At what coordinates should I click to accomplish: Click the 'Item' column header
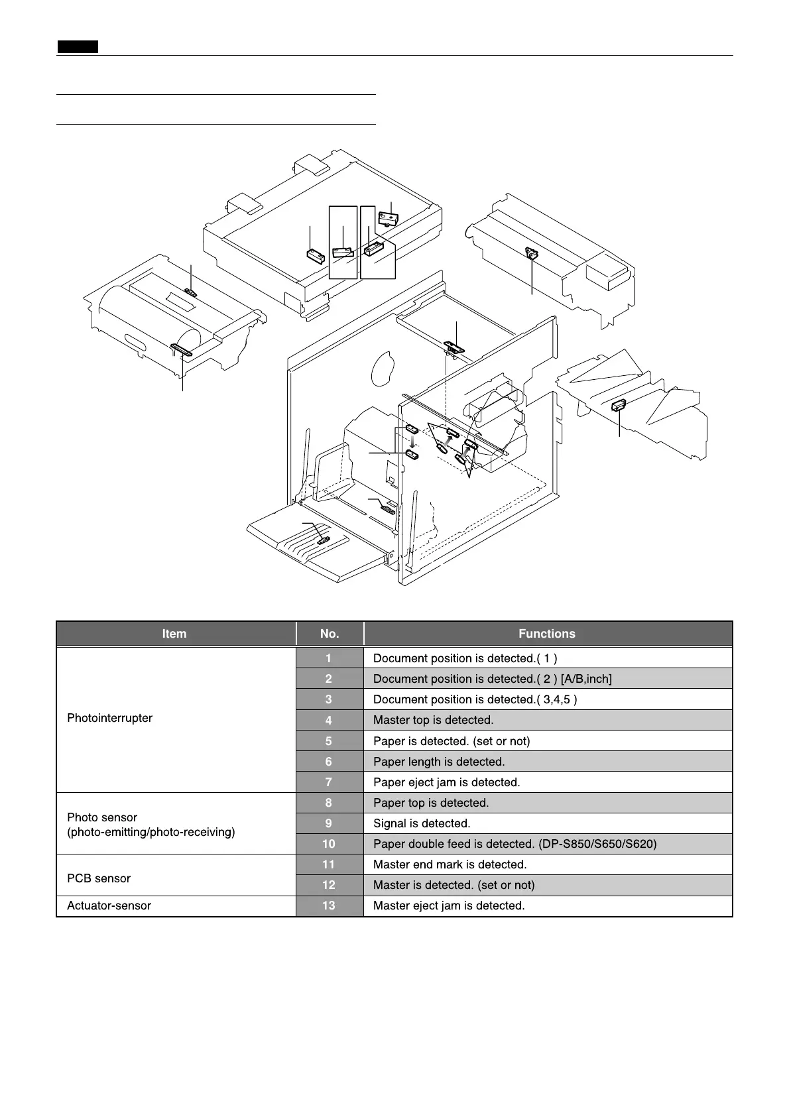174,634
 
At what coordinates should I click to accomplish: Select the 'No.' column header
330,634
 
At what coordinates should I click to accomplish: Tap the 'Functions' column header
547,634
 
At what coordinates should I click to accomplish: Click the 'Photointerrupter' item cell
110,718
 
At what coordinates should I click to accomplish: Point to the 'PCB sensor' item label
99,878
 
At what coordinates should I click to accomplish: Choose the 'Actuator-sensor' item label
109,906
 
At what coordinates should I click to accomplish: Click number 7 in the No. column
329,782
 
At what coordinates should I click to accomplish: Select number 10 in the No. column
329,844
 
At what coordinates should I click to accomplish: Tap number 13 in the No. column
329,906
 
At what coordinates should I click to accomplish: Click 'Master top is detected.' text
434,720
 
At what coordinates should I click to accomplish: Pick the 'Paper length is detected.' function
439,762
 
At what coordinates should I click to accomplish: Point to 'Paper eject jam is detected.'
447,782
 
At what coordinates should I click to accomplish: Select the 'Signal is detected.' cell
422,823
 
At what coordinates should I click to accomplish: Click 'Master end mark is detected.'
450,864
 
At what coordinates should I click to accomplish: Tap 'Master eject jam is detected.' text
449,906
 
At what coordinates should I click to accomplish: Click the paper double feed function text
515,844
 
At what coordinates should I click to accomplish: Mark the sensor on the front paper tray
323,540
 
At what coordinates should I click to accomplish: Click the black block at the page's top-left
78,46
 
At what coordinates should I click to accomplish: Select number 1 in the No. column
329,658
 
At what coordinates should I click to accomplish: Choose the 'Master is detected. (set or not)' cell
454,885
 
